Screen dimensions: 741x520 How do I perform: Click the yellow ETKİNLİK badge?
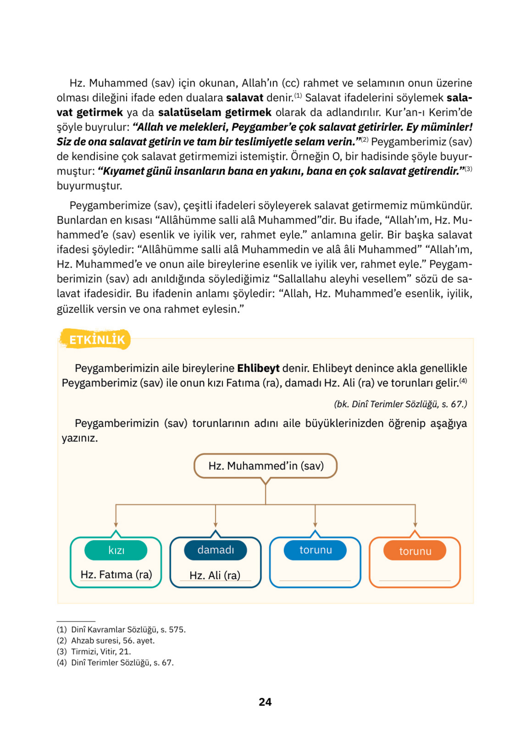(x=96, y=340)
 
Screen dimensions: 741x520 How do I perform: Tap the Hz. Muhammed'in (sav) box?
(x=265, y=466)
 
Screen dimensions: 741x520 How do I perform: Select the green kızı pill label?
(x=116, y=550)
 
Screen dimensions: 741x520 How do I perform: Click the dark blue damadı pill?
(x=215, y=550)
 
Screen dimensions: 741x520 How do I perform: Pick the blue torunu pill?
(x=315, y=550)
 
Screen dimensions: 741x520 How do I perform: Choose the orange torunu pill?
(x=415, y=551)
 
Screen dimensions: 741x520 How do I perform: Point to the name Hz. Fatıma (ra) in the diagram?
(x=116, y=575)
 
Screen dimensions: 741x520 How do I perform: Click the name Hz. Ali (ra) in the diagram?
(x=215, y=575)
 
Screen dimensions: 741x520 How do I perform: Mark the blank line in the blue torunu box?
(x=315, y=580)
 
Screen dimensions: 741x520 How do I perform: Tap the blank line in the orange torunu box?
(x=415, y=580)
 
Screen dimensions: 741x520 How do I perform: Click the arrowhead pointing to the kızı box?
(x=116, y=525)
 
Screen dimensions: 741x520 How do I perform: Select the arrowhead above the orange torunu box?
(x=415, y=525)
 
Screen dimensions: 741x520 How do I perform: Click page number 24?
(x=265, y=702)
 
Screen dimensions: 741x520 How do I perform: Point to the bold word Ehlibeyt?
(x=258, y=368)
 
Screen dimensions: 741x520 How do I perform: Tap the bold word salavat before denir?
(x=245, y=98)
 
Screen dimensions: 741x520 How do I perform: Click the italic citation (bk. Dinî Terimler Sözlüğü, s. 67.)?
(x=400, y=404)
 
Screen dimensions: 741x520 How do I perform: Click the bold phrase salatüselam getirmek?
(x=215, y=112)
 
